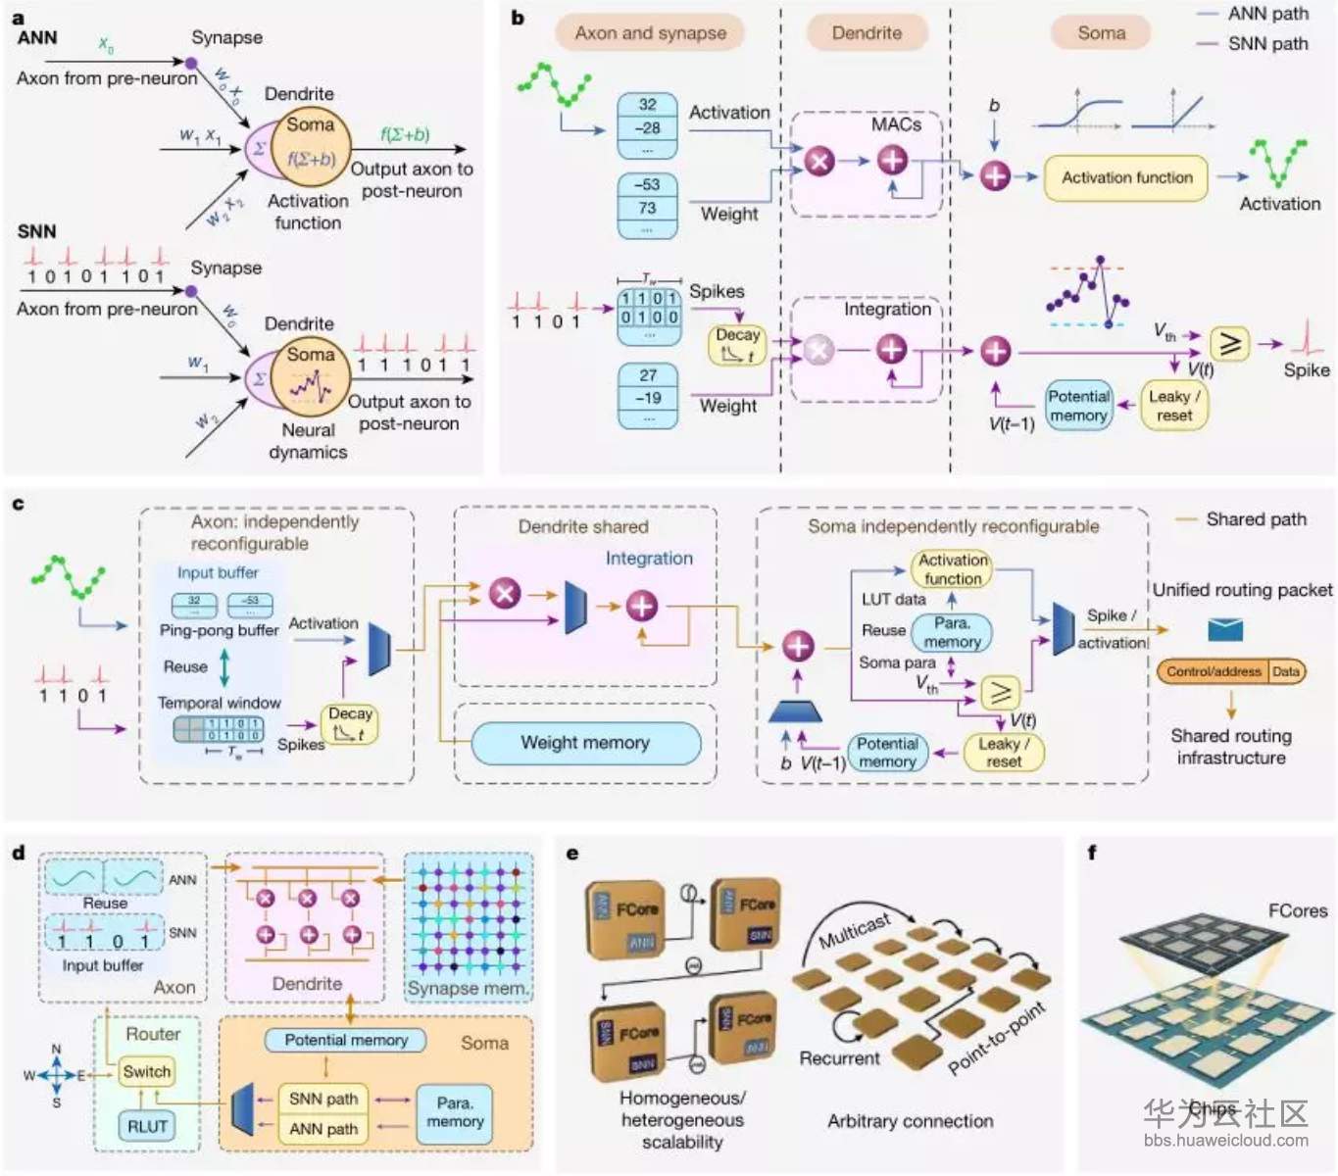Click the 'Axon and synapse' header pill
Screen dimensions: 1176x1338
(650, 33)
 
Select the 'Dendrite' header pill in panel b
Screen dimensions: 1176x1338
(867, 33)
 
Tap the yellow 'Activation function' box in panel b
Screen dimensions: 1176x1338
(1126, 178)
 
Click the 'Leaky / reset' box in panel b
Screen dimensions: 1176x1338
(1173, 406)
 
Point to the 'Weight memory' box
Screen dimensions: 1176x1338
(585, 743)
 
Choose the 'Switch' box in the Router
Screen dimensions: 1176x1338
(147, 1072)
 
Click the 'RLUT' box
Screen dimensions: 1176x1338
(147, 1126)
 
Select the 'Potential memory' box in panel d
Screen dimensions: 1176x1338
(346, 1040)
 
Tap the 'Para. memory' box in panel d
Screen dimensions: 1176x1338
(455, 1112)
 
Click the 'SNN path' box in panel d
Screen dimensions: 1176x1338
(323, 1100)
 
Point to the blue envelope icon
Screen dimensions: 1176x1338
(1225, 629)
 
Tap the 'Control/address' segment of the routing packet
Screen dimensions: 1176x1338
(1214, 671)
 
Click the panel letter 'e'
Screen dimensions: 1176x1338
(572, 854)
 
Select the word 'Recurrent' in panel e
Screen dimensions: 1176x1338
(839, 1058)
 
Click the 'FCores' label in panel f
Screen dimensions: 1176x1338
(1297, 910)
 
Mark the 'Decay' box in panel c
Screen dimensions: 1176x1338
(349, 723)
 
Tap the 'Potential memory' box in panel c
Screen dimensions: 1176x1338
(887, 753)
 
